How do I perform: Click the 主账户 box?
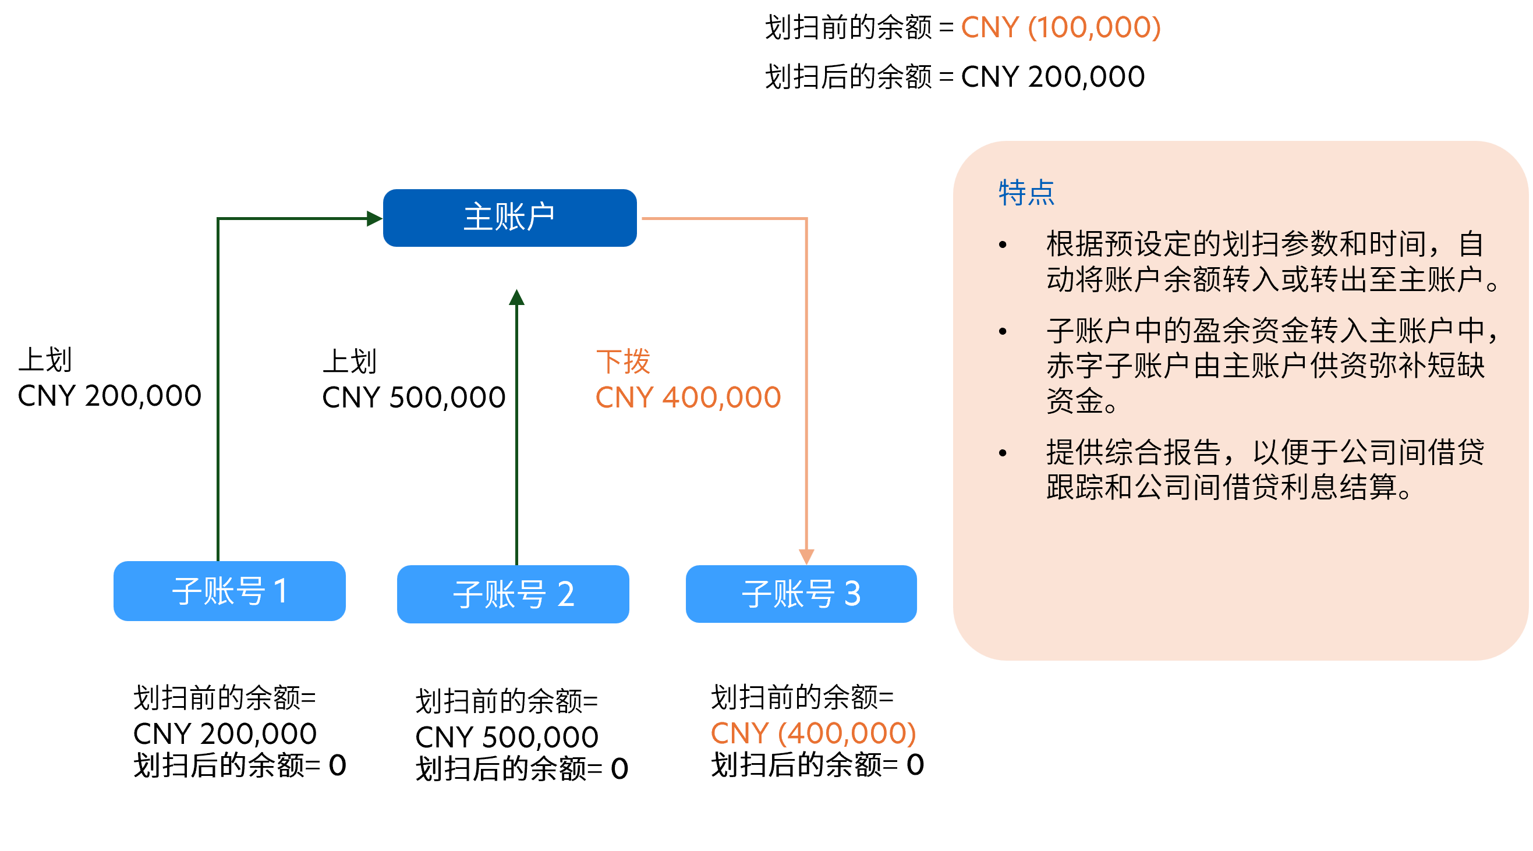[x=509, y=218]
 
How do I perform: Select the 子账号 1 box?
[x=230, y=591]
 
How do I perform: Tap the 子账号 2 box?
[x=513, y=594]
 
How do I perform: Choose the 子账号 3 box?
[x=801, y=594]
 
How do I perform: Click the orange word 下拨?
[x=623, y=362]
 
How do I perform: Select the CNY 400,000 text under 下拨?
[x=688, y=398]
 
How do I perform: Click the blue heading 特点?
[x=1026, y=193]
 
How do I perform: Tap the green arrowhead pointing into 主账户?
[x=374, y=218]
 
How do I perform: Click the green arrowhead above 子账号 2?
[x=516, y=297]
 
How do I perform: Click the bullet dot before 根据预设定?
[x=1003, y=244]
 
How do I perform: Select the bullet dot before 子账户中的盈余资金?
[x=1003, y=331]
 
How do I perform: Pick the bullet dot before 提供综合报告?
[x=1003, y=453]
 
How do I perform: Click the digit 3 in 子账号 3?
[x=852, y=594]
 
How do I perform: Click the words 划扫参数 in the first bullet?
[x=1279, y=244]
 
